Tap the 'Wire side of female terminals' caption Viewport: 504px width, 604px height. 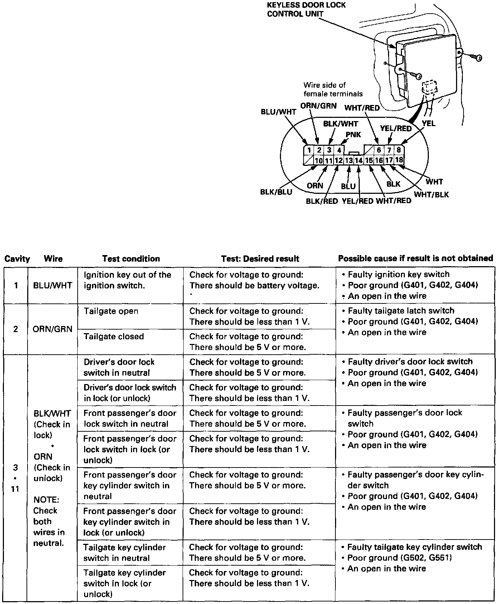[333, 90]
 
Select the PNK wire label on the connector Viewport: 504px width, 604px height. [353, 135]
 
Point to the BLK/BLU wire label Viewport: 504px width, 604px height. [276, 192]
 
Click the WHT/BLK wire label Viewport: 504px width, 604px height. [431, 195]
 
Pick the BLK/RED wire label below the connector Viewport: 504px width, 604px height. [322, 201]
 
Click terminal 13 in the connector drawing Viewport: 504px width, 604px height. [349, 160]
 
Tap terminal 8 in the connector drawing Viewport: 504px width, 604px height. [398, 150]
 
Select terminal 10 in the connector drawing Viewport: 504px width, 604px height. [319, 160]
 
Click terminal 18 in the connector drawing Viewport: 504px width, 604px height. [399, 160]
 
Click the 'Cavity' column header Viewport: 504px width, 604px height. [17, 259]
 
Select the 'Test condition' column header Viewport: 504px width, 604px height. [131, 259]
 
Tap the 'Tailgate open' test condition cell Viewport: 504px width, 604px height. [111, 311]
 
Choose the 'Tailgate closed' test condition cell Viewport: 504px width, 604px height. [114, 336]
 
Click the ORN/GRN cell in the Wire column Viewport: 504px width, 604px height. [52, 329]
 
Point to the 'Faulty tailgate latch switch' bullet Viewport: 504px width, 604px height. [401, 311]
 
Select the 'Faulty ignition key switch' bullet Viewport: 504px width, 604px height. [398, 274]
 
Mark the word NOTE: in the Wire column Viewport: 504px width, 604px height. [46, 500]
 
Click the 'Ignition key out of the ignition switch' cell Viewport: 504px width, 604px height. [127, 280]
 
